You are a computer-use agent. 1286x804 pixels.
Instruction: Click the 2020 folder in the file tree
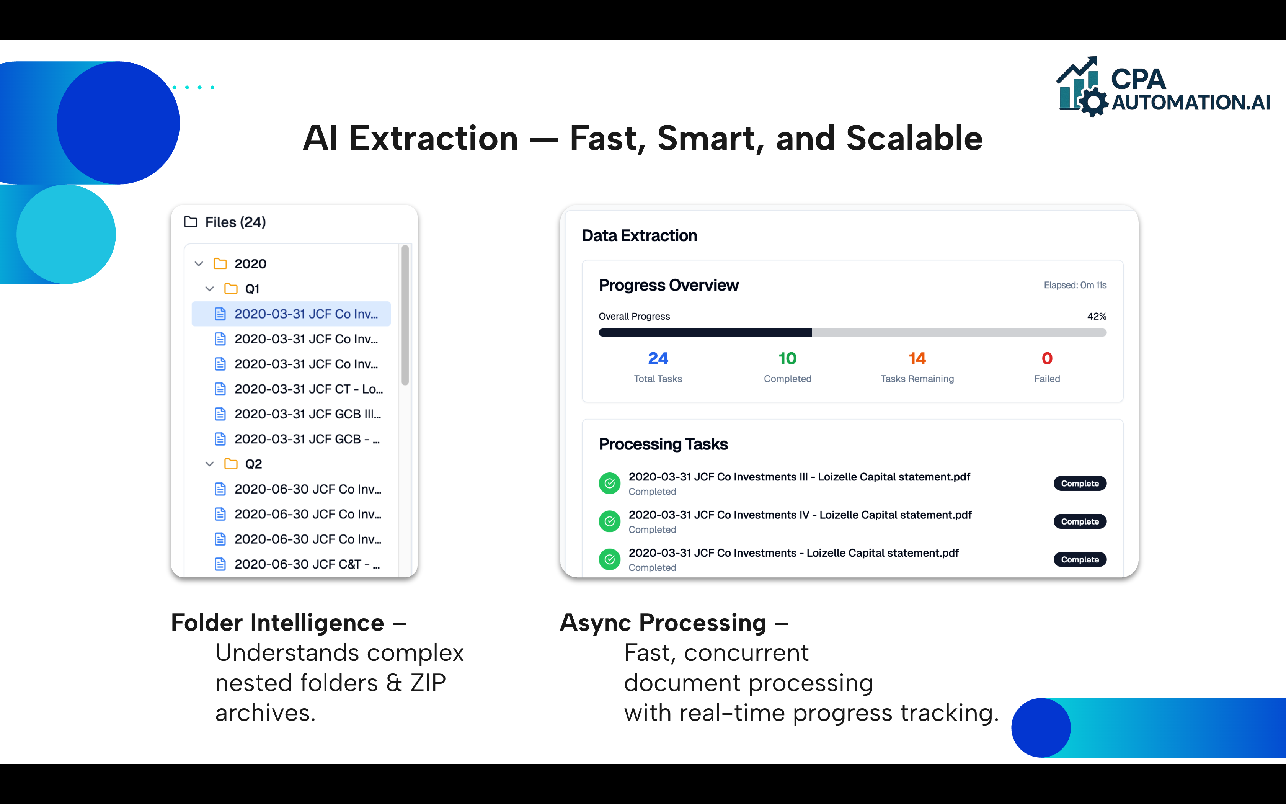250,264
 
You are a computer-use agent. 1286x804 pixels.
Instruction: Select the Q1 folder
251,289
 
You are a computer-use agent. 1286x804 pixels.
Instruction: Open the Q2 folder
253,464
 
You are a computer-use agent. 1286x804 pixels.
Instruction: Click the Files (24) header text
235,222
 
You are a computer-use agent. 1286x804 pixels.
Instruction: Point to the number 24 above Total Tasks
658,358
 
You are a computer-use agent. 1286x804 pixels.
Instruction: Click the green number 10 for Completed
788,358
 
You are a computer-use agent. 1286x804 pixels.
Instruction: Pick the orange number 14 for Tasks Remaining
917,358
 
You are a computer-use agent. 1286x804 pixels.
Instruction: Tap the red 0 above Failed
1047,358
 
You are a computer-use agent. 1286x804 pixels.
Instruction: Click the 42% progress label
1096,316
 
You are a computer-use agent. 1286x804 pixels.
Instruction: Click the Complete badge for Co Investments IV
1079,521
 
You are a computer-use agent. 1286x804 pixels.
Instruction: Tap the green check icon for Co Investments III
610,483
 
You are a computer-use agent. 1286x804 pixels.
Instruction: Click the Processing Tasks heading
663,444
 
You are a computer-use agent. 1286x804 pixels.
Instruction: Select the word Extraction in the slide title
433,139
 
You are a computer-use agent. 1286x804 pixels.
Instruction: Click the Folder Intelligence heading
277,623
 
